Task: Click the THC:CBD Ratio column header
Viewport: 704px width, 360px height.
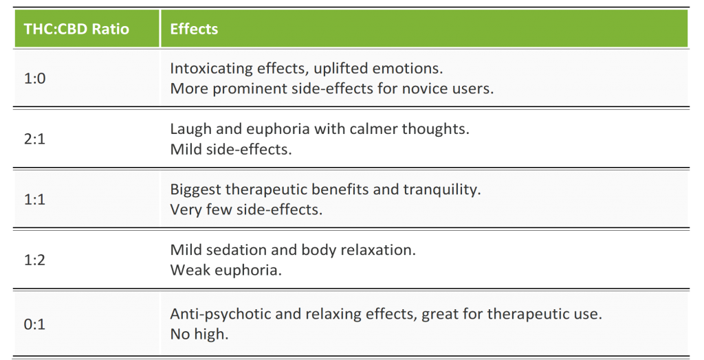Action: pos(76,29)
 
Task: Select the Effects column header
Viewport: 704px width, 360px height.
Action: pos(194,29)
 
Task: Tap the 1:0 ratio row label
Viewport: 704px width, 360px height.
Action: pos(34,78)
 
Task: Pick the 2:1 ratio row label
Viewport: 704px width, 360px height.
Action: pos(34,139)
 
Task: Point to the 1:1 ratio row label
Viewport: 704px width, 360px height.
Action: pos(34,199)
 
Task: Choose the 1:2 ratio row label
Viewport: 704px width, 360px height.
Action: pos(34,260)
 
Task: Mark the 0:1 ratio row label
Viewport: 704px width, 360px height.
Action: pos(34,324)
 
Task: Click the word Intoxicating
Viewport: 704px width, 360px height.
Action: pos(211,69)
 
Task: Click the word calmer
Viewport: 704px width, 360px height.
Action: pos(373,129)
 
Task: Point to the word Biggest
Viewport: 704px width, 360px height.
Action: pos(195,190)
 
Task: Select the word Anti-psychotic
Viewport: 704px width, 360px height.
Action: pos(221,314)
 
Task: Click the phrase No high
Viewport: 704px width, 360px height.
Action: pos(199,335)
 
